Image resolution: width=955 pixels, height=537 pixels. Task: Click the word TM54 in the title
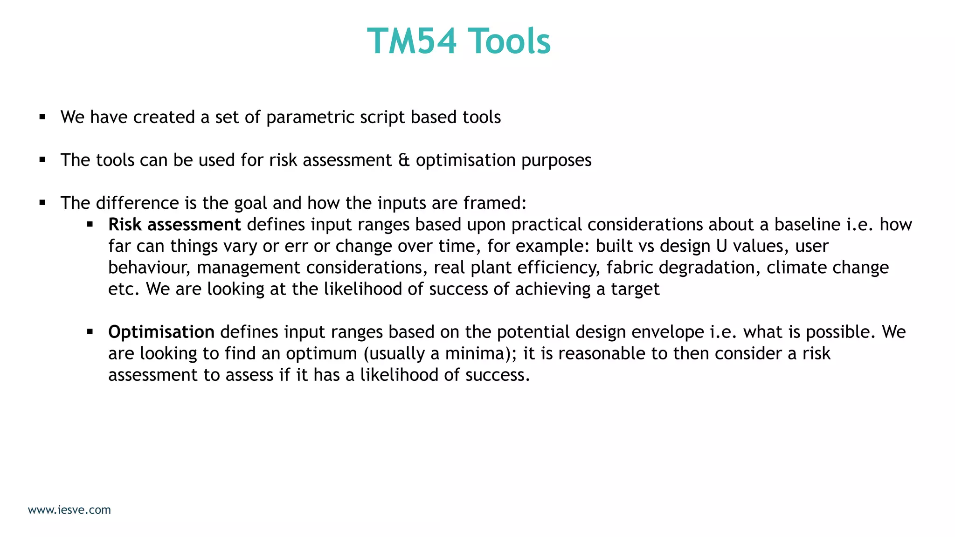[412, 41]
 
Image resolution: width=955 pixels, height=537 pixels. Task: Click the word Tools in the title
[509, 41]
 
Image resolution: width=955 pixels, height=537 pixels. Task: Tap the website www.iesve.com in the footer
[69, 510]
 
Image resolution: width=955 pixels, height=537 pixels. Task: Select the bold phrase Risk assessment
[174, 225]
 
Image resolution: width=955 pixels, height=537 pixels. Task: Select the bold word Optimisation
[161, 332]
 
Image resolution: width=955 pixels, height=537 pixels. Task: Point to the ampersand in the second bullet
[404, 160]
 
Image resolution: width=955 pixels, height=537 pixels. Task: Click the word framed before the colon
[493, 203]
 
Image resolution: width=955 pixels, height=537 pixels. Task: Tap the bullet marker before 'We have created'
[42, 117]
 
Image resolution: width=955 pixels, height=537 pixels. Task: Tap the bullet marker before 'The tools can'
[42, 160]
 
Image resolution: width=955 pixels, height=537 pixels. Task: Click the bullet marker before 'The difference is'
[42, 203]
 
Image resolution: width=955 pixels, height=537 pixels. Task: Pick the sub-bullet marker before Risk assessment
[90, 225]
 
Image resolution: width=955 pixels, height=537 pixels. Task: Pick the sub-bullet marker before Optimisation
[90, 332]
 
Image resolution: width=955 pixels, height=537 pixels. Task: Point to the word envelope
[668, 332]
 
